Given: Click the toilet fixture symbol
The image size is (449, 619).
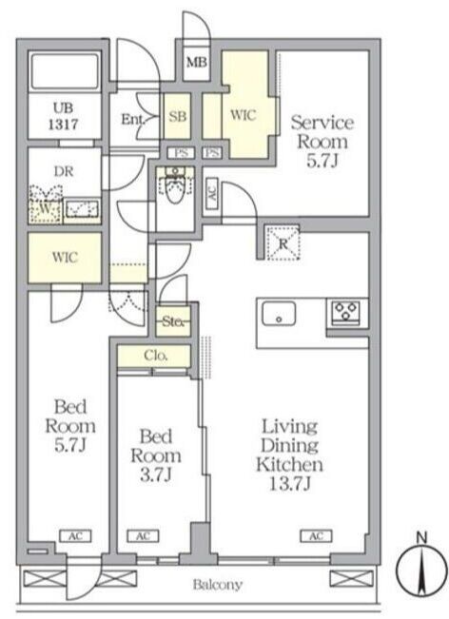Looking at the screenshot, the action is [174, 184].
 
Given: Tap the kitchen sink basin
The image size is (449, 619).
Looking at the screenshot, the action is [279, 314].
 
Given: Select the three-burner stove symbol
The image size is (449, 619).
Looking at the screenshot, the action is [345, 312].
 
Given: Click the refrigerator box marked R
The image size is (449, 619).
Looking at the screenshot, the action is [283, 243].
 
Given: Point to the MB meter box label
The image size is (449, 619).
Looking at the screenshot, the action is [197, 63].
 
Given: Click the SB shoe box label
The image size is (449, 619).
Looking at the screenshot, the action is [177, 116].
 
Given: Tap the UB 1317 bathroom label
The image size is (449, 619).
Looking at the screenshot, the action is [63, 116].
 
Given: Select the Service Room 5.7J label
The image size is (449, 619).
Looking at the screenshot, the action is [322, 142].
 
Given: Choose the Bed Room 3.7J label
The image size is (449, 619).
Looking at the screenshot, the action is [156, 455].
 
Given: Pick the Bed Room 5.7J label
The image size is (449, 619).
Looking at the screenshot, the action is [70, 426].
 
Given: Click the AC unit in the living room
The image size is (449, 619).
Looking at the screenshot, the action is [317, 535].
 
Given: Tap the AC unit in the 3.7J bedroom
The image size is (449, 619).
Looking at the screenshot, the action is [143, 536].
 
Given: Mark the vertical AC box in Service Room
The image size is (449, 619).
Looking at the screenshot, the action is [212, 193].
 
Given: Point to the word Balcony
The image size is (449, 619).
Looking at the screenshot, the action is [218, 584].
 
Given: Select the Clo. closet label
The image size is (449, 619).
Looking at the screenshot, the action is [156, 356].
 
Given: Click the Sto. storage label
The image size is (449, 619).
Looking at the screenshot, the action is [173, 321].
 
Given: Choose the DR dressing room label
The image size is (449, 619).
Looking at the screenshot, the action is [64, 171].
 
